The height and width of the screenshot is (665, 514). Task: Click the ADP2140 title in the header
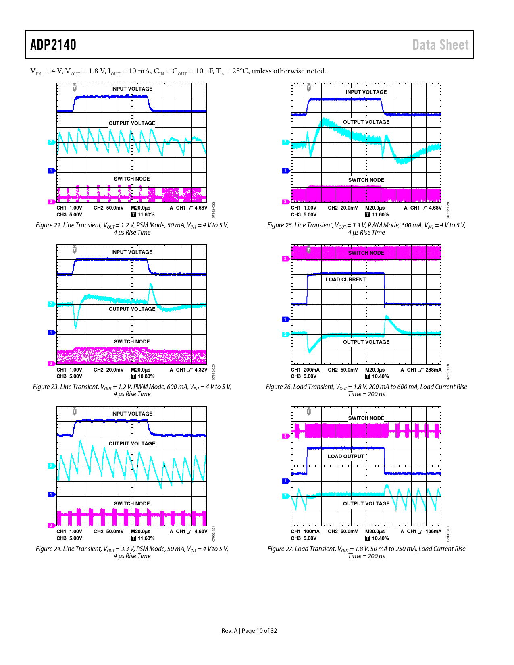pyautogui.click(x=53, y=45)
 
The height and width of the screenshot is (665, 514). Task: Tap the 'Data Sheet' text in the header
pyautogui.click(x=440, y=45)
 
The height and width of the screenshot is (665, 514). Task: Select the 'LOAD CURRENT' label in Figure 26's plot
pyautogui.click(x=345, y=280)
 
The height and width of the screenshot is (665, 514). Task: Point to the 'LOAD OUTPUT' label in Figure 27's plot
pyautogui.click(x=345, y=457)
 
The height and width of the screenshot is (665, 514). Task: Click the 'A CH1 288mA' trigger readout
pyautogui.click(x=421, y=370)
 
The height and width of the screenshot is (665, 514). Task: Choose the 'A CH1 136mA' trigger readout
pyautogui.click(x=421, y=532)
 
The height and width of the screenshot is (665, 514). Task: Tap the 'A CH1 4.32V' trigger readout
pyautogui.click(x=188, y=370)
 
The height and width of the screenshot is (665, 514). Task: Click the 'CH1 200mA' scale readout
pyautogui.click(x=305, y=370)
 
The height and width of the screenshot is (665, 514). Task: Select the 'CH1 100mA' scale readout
pyautogui.click(x=305, y=532)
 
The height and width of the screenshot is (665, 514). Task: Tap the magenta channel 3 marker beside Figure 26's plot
pyautogui.click(x=285, y=259)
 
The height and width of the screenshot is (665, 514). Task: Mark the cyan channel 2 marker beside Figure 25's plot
pyautogui.click(x=285, y=142)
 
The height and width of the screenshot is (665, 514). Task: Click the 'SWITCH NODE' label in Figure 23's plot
pyautogui.click(x=132, y=342)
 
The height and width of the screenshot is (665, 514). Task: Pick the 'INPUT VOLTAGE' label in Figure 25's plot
pyautogui.click(x=366, y=92)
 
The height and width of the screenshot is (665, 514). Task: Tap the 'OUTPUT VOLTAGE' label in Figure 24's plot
pyautogui.click(x=132, y=444)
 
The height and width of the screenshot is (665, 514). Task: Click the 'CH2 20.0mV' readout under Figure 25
pyautogui.click(x=343, y=208)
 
